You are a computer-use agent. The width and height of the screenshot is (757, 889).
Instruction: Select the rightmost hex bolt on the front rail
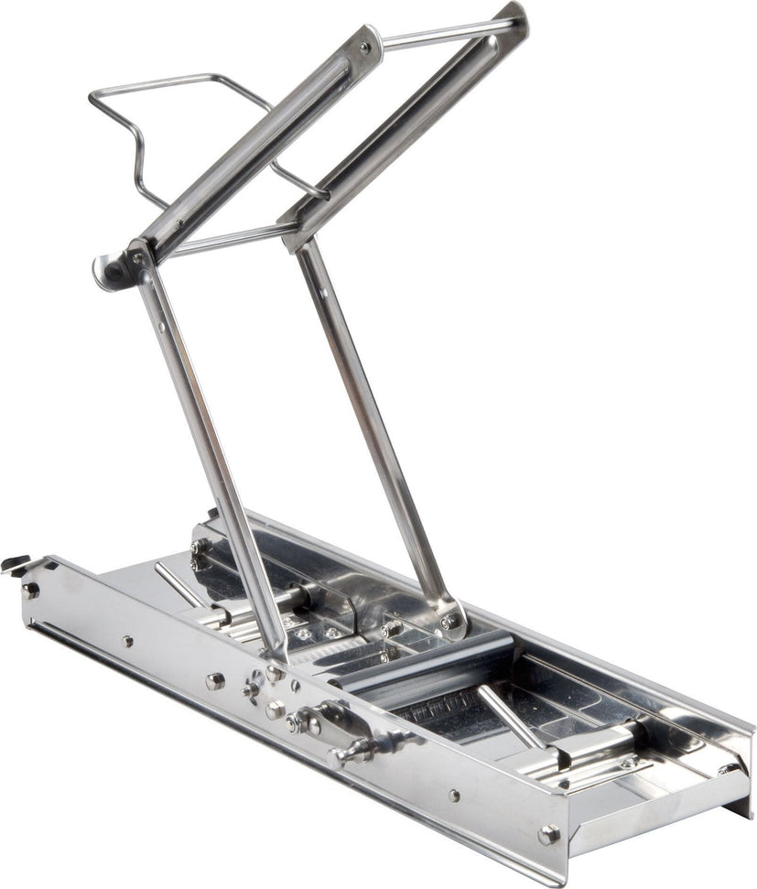(x=548, y=834)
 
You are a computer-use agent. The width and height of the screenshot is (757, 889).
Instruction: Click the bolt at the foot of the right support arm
(x=449, y=622)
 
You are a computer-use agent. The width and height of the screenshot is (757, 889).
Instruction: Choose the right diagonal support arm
(x=375, y=430)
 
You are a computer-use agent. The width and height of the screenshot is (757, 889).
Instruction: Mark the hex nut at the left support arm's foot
(x=275, y=673)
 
